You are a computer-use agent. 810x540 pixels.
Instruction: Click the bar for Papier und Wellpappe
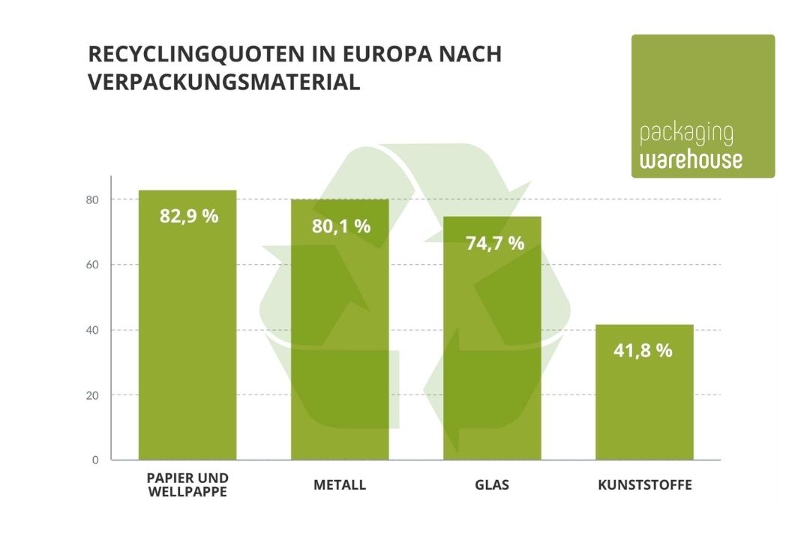187,337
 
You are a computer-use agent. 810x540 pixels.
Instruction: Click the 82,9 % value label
189,216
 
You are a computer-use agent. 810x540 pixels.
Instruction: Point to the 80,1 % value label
341,226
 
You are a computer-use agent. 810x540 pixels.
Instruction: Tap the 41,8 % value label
643,349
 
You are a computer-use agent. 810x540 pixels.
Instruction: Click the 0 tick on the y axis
95,460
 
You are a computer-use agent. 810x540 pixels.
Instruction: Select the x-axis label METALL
340,484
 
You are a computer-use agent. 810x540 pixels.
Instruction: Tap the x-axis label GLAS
492,484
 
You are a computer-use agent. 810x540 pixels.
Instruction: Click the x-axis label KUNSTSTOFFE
645,484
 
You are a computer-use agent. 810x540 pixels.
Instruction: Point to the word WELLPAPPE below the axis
187,492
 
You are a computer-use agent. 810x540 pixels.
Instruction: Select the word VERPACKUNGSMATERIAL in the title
223,82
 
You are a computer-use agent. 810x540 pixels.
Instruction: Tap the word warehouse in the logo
691,160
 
